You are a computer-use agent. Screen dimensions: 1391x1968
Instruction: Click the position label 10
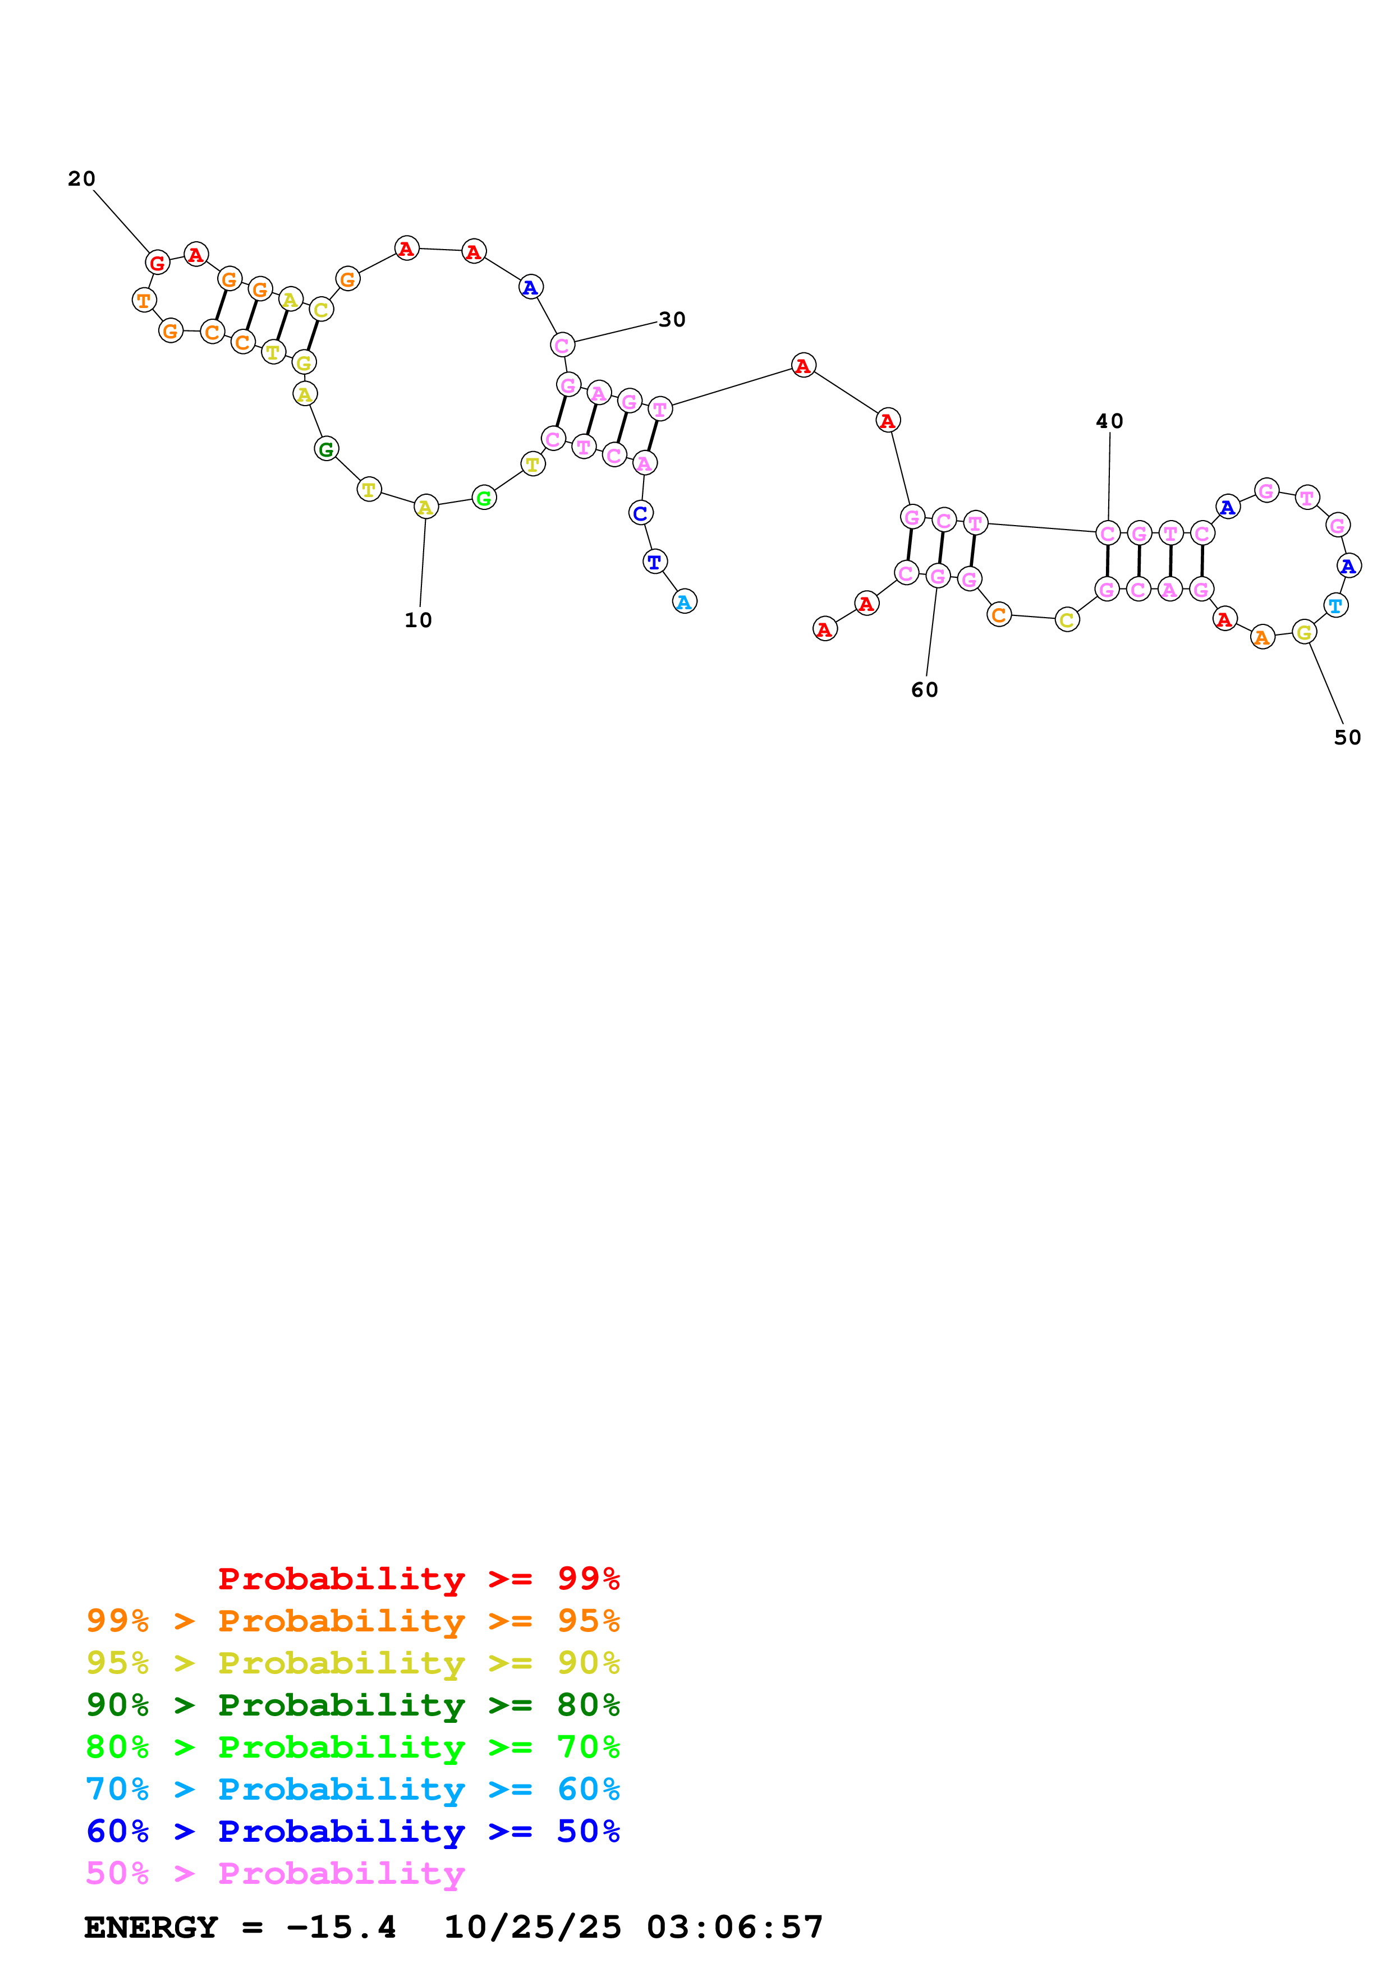418,620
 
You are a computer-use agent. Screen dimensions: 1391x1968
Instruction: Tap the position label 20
81,179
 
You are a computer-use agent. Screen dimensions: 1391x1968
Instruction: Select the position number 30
672,320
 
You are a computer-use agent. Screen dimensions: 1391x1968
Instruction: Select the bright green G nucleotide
484,498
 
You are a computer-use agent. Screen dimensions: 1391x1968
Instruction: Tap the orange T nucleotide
144,301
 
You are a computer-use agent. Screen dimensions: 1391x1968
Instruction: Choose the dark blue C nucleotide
640,513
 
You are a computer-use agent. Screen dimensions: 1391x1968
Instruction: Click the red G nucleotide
157,263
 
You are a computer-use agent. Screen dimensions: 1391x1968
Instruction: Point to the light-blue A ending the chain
684,602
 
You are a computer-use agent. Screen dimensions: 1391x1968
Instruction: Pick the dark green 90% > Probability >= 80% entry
353,1705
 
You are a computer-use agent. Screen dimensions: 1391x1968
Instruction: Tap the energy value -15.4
342,1928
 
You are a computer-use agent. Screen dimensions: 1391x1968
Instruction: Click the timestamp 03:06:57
734,1928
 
